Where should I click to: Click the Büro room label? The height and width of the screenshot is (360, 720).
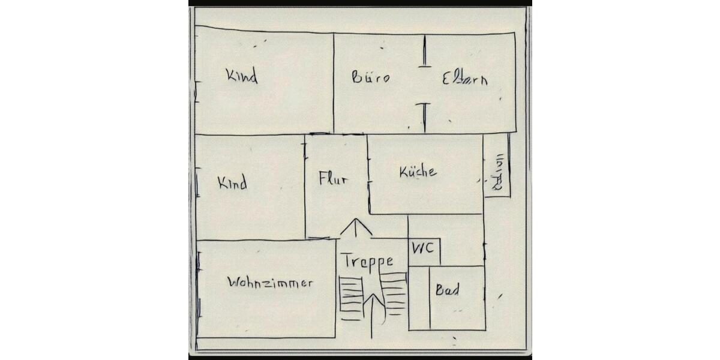(x=370, y=77)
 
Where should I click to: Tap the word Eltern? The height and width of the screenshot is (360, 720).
(x=464, y=79)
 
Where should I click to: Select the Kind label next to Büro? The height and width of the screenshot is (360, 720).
(x=241, y=76)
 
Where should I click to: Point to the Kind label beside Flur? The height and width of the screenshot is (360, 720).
(x=232, y=183)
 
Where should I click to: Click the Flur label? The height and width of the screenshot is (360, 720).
(x=333, y=178)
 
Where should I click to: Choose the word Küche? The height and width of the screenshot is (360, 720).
(x=418, y=172)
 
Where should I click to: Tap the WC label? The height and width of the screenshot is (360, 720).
(x=423, y=248)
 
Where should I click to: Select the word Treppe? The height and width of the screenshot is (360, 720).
(x=367, y=261)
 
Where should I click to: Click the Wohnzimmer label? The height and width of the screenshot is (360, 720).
(x=271, y=283)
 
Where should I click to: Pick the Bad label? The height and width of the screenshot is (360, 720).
(x=448, y=291)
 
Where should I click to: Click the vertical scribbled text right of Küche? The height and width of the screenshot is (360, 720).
(x=497, y=173)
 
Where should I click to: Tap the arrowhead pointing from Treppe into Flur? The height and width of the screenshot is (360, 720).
(x=356, y=227)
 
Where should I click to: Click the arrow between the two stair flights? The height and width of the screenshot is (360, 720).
(x=372, y=312)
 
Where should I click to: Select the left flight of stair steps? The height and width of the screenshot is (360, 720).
(x=350, y=295)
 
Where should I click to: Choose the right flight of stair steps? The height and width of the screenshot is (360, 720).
(x=394, y=293)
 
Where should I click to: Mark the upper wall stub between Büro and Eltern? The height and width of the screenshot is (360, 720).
(x=424, y=51)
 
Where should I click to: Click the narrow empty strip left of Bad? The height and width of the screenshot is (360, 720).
(x=419, y=298)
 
